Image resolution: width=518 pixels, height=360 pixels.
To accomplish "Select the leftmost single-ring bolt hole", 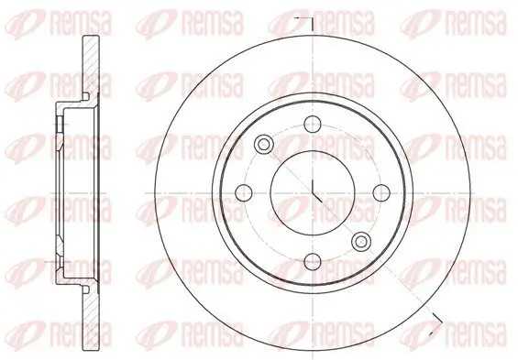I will click(245, 193).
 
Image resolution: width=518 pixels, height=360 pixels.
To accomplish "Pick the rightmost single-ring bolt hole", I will click(380, 193).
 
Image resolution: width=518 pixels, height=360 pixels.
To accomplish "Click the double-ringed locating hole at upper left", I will click(264, 146).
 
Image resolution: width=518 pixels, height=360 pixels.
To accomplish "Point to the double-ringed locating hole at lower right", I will click(360, 241).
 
